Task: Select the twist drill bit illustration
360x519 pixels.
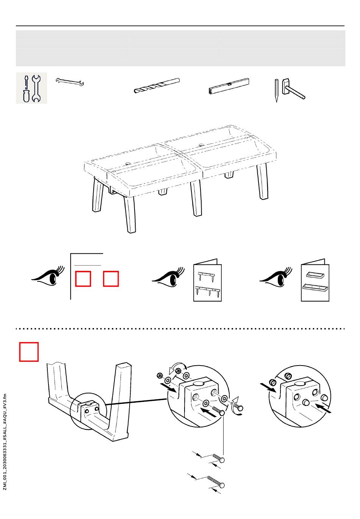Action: click(157, 86)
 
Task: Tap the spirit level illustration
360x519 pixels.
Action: click(229, 86)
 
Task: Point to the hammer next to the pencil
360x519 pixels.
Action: click(293, 89)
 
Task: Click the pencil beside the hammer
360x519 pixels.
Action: click(277, 91)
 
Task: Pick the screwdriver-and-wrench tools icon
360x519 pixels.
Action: click(31, 88)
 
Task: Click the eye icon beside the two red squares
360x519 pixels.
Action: click(48, 276)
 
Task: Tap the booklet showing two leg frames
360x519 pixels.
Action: click(207, 280)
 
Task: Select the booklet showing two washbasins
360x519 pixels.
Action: click(315, 280)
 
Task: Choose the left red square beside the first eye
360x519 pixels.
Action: click(83, 279)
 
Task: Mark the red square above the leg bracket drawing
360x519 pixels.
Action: click(29, 352)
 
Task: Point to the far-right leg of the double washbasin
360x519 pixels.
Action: click(263, 181)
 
